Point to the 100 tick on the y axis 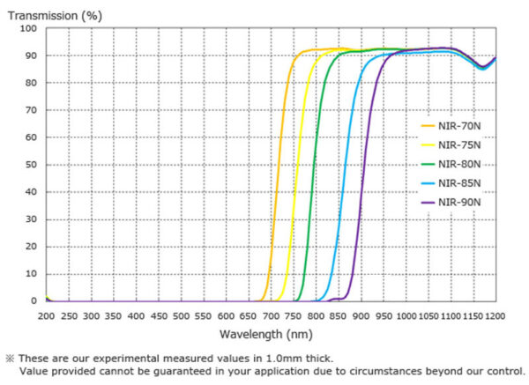click(x=29, y=28)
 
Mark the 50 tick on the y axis click(x=32, y=165)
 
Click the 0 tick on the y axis click(x=34, y=301)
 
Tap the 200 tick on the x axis click(x=46, y=315)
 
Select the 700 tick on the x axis click(x=271, y=315)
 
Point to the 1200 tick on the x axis click(x=495, y=315)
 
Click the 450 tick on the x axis click(x=159, y=315)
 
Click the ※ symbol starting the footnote click(x=10, y=359)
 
